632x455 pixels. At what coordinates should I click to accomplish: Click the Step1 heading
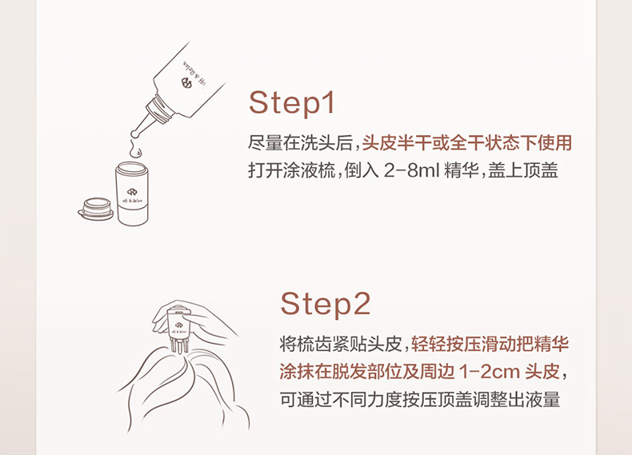pyautogui.click(x=292, y=103)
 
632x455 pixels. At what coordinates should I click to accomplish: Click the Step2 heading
pyautogui.click(x=325, y=304)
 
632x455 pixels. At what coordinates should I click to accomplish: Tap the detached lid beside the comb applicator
pyautogui.click(x=96, y=209)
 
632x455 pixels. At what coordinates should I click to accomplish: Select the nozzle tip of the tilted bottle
pyautogui.click(x=134, y=134)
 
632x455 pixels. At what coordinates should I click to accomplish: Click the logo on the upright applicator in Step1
pyautogui.click(x=132, y=192)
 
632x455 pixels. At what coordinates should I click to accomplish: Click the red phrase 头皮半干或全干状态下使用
pyautogui.click(x=466, y=142)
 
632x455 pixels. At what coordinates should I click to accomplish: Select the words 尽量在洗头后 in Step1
pyautogui.click(x=300, y=142)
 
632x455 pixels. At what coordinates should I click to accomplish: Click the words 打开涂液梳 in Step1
pyautogui.click(x=292, y=170)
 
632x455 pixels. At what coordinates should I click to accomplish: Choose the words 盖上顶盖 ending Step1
pyautogui.click(x=523, y=170)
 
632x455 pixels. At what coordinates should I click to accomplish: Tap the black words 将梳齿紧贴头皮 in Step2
pyautogui.click(x=341, y=344)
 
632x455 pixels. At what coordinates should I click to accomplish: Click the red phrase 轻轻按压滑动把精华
pyautogui.click(x=490, y=344)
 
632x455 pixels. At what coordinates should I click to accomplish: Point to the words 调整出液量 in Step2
pyautogui.click(x=517, y=399)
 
